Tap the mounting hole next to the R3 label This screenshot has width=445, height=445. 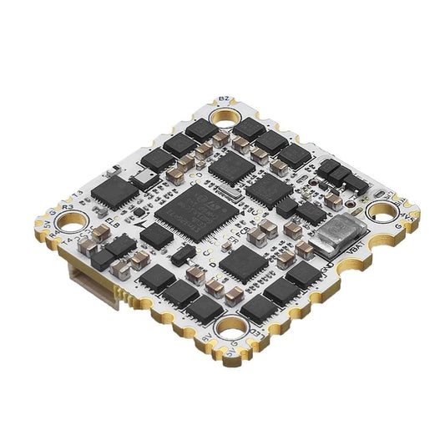click(x=73, y=223)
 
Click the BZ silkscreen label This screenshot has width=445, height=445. click(x=223, y=99)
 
